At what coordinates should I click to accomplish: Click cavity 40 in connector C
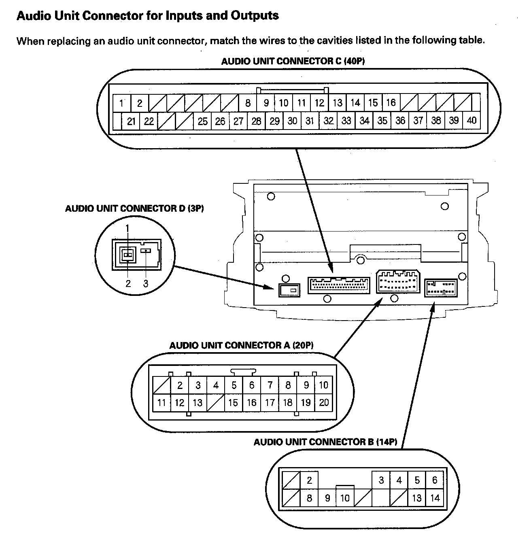pos(472,120)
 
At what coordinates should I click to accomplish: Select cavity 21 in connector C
pos(131,121)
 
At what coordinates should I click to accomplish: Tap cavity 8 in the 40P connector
pos(248,103)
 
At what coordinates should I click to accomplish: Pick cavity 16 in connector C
pos(391,102)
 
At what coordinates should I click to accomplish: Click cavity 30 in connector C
pos(292,121)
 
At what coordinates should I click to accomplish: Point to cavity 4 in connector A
pos(216,385)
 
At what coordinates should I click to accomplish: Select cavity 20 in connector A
pos(324,402)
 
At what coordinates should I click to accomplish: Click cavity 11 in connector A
pos(161,403)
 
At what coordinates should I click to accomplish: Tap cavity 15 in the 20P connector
pos(233,403)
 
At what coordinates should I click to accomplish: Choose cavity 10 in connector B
pos(345,498)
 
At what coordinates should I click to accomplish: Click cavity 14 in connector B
pos(435,498)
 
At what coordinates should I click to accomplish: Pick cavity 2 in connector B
pos(309,480)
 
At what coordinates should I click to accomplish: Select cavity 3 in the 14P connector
pos(381,480)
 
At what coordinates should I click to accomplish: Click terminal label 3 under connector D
pos(146,283)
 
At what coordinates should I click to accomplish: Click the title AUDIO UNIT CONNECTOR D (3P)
pos(134,208)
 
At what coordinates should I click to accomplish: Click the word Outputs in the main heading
pos(255,16)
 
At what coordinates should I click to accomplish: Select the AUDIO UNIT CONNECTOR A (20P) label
pos(241,345)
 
